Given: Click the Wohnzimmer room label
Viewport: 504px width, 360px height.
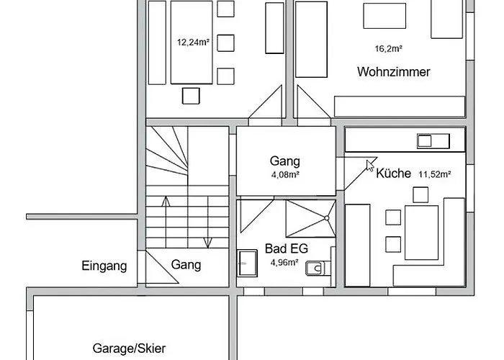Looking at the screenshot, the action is pos(393,72).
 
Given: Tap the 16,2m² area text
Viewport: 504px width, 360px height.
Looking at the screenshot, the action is pos(389,48).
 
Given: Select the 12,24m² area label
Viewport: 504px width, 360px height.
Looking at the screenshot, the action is pos(193,42).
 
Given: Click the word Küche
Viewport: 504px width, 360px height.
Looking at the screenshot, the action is pos(393,174).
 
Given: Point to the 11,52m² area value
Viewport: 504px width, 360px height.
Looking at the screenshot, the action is pos(435,174).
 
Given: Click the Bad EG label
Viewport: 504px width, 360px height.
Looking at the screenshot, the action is pos(287,248).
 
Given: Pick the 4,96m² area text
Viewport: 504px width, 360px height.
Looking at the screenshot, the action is pos(284,263).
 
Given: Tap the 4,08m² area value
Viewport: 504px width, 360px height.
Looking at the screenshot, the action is pos(285,175).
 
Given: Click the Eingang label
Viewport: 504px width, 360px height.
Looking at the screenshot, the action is pos(104,266).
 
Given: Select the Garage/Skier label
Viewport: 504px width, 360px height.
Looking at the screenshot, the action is pos(129,348).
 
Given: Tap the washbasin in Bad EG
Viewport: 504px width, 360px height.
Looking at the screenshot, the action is pos(247,264).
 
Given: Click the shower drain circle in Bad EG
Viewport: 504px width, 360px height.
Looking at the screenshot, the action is pos(327,218).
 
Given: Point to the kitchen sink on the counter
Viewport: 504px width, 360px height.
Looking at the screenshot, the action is pos(433,141).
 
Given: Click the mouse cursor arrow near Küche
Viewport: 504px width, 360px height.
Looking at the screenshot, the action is pos(370,166).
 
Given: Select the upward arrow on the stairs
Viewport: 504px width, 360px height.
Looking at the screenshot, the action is pos(166,222).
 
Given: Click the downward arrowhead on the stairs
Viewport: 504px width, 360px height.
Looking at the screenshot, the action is pos(208,243).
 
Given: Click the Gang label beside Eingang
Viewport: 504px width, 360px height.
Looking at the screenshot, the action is pos(186,265).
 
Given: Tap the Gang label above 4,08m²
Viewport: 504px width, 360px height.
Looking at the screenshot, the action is pos(285,161).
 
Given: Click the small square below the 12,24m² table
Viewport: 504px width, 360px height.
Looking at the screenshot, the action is pos(191,96).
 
